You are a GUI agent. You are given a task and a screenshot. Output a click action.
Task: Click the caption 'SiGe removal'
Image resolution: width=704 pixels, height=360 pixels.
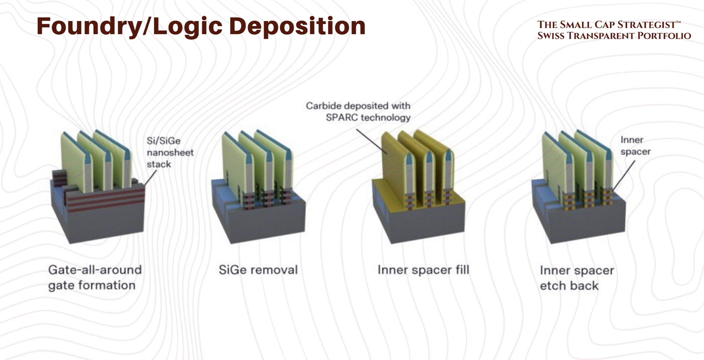(258, 270)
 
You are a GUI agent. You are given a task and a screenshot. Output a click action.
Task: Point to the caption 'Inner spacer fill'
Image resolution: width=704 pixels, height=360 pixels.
(423, 270)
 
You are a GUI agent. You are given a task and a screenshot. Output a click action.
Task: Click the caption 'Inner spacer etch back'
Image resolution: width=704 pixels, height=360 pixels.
(577, 278)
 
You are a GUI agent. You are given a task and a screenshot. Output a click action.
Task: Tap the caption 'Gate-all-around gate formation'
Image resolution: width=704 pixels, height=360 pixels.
(94, 277)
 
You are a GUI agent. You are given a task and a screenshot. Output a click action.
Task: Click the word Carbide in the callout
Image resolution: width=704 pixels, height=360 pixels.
(324, 106)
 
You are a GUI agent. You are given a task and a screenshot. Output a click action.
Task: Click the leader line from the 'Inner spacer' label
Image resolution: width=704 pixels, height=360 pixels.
(621, 171)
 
